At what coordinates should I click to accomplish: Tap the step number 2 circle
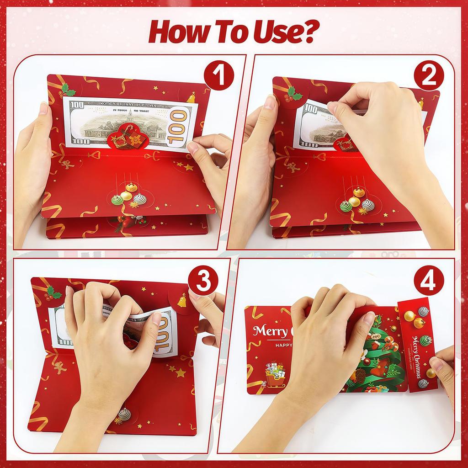(x=429, y=75)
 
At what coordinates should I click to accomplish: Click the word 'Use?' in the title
(x=282, y=31)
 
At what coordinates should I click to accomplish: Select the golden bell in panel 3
(x=181, y=300)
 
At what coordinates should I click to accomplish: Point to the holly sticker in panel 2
(x=292, y=94)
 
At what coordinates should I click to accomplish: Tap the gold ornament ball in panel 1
(x=131, y=187)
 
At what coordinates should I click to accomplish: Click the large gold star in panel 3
(x=181, y=373)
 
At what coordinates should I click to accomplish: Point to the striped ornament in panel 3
(x=124, y=414)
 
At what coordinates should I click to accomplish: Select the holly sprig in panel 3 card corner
(x=53, y=292)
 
